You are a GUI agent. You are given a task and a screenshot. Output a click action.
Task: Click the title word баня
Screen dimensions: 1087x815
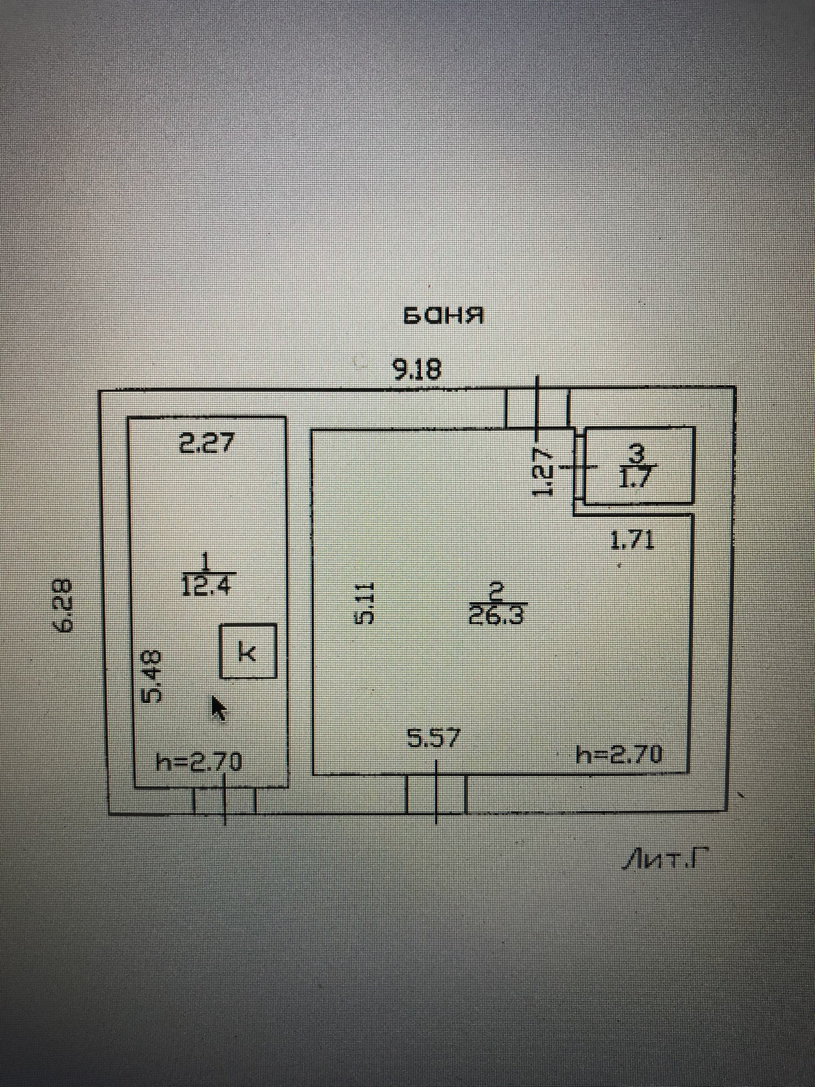pos(443,316)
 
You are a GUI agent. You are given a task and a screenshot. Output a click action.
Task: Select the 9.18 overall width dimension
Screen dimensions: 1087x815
pos(416,370)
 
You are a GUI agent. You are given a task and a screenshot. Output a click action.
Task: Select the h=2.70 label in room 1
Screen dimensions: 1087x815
pos(199,762)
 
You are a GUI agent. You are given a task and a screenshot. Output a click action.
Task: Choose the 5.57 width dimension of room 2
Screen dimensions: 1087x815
pos(434,738)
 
